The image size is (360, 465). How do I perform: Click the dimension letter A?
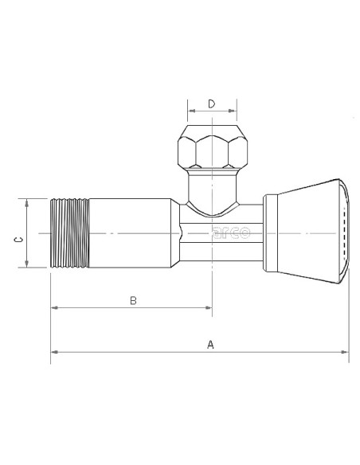pos(210,344)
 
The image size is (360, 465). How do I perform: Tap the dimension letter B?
pos(133,300)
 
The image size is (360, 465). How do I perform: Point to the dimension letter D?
pos(211,104)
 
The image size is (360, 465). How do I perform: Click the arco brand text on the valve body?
pos(231,233)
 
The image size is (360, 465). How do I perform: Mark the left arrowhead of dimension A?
pos(53,351)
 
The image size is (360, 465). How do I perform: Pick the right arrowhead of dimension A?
pos(345,351)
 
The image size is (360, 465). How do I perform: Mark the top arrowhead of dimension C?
pos(27,202)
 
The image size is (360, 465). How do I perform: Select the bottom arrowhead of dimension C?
pos(27,265)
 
